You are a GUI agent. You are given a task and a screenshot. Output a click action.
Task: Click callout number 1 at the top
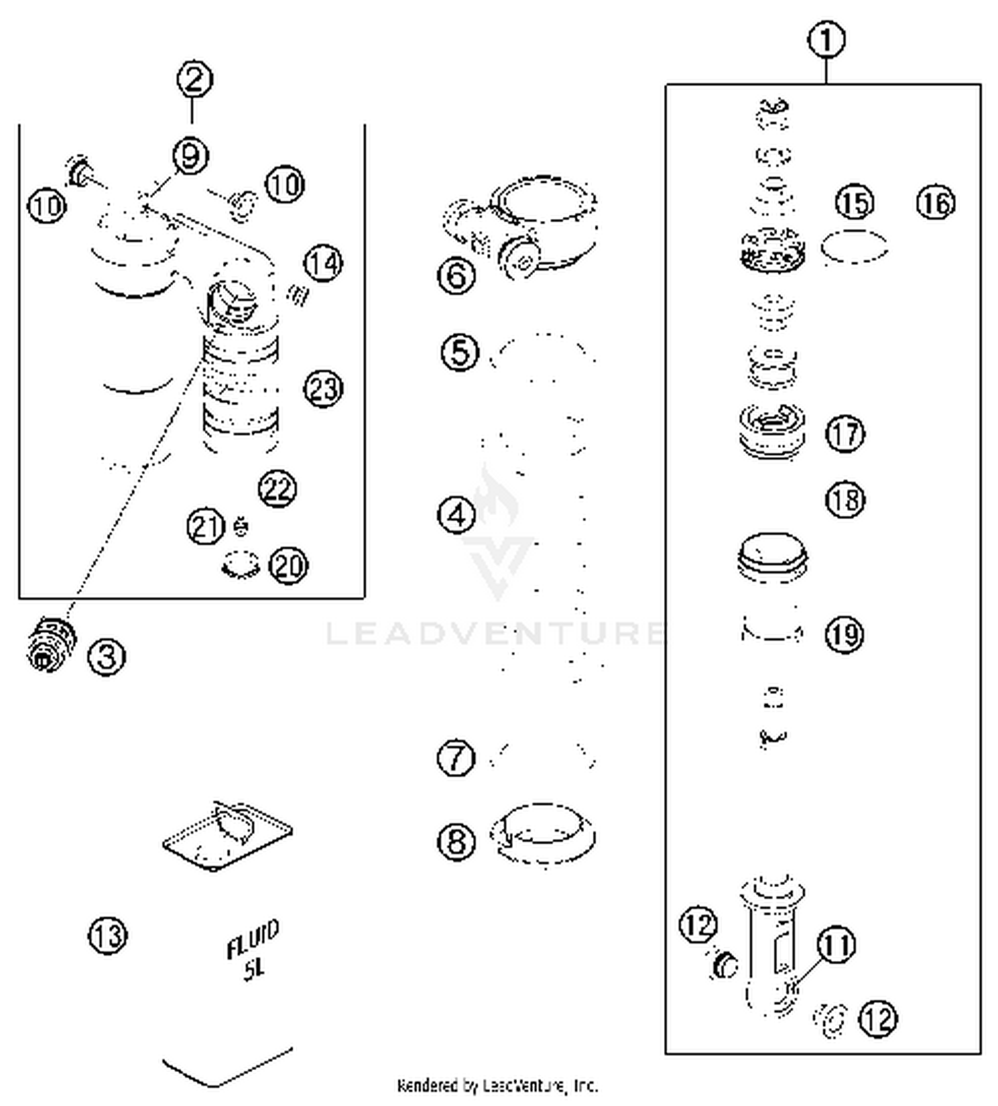tap(826, 40)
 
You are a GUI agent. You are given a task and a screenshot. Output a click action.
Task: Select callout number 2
tap(194, 80)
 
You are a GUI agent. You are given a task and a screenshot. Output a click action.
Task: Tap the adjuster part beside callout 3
tap(51, 643)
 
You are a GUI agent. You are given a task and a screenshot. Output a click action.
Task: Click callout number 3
tap(106, 657)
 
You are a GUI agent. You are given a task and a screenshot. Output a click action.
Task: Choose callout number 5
tap(460, 352)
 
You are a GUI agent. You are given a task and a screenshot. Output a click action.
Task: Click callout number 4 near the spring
tap(456, 514)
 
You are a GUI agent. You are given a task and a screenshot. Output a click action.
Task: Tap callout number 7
tap(456, 758)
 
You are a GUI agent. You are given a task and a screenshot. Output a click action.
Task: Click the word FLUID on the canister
tap(252, 938)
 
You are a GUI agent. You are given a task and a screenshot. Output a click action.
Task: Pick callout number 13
tap(106, 936)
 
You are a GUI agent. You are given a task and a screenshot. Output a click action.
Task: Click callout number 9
tap(190, 156)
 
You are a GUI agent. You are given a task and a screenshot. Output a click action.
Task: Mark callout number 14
tap(323, 264)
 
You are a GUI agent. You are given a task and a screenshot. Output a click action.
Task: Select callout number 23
tap(323, 389)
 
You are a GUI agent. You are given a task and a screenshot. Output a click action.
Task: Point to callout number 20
tap(288, 566)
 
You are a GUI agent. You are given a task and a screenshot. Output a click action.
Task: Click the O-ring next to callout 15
tap(855, 248)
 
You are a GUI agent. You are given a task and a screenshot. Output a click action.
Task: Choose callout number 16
tap(935, 202)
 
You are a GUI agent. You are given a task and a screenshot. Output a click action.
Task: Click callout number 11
tap(836, 945)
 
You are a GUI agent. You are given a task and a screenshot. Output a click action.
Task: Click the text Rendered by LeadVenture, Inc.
tap(497, 1085)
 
